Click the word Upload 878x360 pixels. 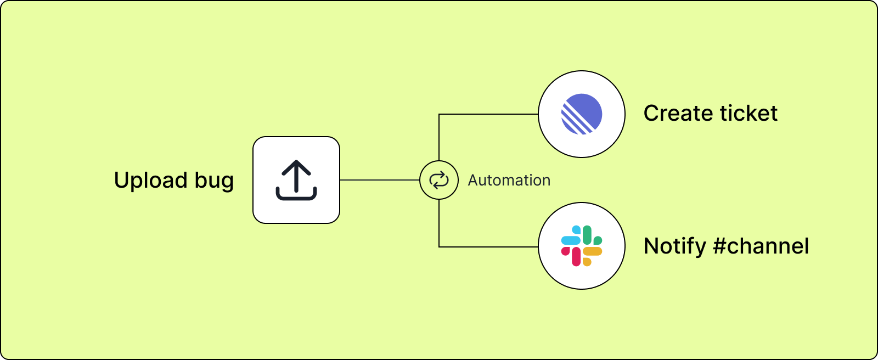point(150,180)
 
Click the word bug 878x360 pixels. point(215,181)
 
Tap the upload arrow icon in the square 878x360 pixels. point(296,180)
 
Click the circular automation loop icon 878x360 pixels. point(439,180)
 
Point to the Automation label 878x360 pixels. point(509,180)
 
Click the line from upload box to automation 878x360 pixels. point(379,180)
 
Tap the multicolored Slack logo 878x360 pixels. point(582,246)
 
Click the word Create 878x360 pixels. point(678,114)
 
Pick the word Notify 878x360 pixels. point(674,246)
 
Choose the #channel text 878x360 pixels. point(761,246)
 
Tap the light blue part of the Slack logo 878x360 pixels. point(571,239)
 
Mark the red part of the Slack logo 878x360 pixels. point(575,257)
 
